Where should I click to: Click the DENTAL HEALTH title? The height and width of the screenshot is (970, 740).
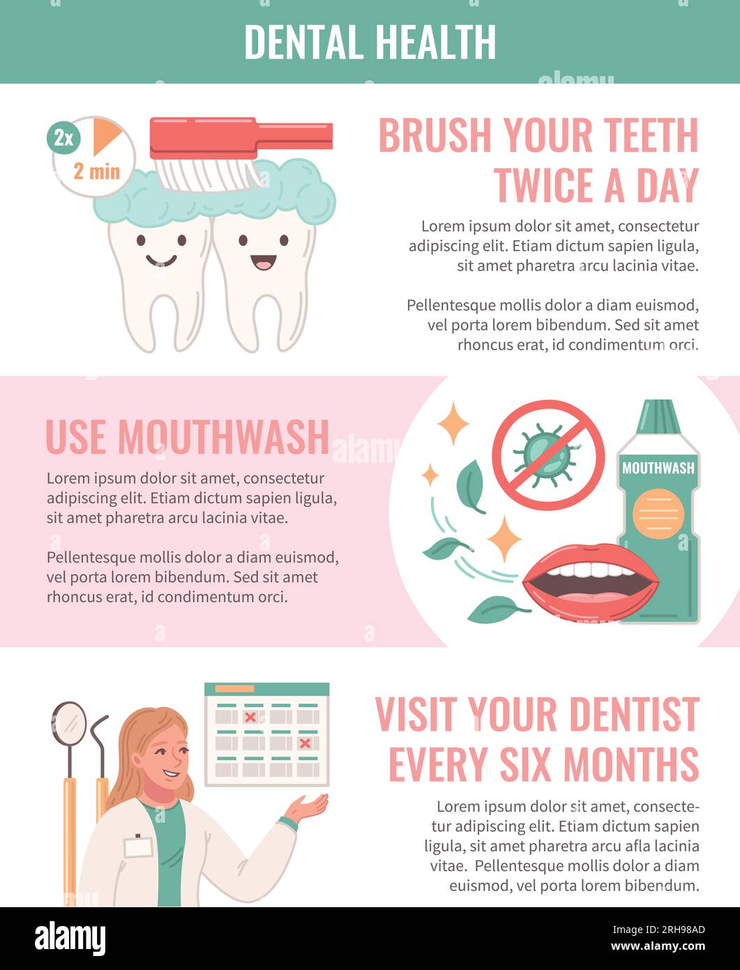(x=370, y=42)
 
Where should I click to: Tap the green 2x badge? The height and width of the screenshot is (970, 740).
(x=63, y=138)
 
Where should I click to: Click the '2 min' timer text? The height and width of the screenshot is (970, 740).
(x=96, y=171)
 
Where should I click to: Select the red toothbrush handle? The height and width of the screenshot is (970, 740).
(x=293, y=135)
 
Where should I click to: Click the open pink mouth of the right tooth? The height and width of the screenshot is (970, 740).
(x=263, y=262)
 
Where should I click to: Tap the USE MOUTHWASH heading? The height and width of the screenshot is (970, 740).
(x=187, y=437)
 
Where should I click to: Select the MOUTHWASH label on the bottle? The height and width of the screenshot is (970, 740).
(x=658, y=468)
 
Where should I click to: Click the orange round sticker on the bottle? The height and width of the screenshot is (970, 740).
(x=658, y=514)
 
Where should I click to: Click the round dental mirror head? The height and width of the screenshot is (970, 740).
(x=69, y=723)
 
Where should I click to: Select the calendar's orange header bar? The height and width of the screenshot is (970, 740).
(x=234, y=689)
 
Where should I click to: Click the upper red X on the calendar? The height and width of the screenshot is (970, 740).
(x=250, y=717)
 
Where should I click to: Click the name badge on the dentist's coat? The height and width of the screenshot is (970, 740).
(x=138, y=846)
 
